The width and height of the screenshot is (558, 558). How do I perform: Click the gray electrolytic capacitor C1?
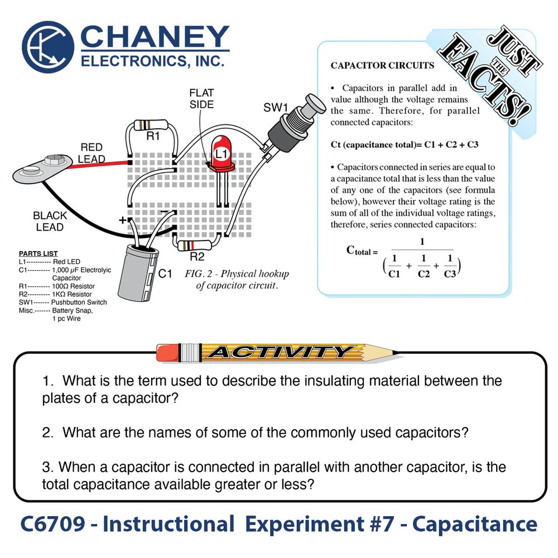pyautogui.click(x=138, y=272)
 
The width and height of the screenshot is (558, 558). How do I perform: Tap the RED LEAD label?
pyautogui.click(x=91, y=153)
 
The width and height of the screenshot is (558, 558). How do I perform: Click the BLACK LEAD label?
pyautogui.click(x=50, y=221)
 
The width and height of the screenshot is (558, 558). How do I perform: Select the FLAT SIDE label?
pyautogui.click(x=201, y=98)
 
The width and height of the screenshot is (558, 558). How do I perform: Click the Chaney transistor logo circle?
pyautogui.click(x=49, y=47)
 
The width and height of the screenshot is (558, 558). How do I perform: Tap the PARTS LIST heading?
pyautogui.click(x=39, y=254)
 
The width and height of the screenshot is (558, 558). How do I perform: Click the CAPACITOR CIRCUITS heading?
pyautogui.click(x=382, y=65)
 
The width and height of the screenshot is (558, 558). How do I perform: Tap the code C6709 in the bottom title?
pyautogui.click(x=54, y=525)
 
